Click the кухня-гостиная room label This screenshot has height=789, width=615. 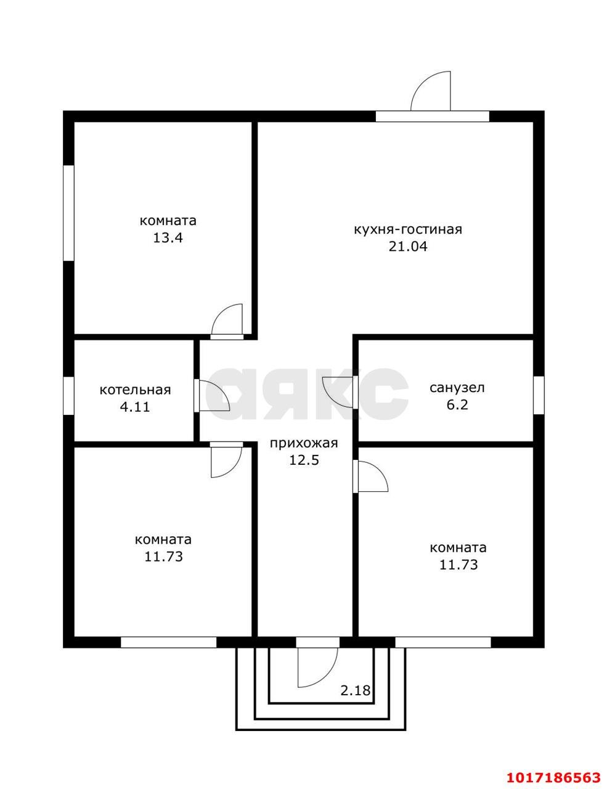click(x=408, y=230)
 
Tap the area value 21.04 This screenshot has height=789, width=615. click(x=408, y=247)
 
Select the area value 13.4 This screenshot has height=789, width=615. click(x=168, y=238)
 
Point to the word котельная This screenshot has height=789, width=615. click(x=135, y=390)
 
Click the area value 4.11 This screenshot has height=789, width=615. click(x=135, y=407)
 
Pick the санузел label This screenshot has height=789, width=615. click(x=457, y=388)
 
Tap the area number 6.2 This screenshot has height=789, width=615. click(x=457, y=404)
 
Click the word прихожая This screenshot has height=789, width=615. click(x=304, y=443)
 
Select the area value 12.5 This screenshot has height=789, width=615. click(x=304, y=460)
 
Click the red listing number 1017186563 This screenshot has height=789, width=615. click(x=553, y=775)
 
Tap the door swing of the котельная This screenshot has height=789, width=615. click(x=220, y=390)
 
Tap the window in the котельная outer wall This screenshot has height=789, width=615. click(x=68, y=395)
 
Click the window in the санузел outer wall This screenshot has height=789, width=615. click(x=539, y=395)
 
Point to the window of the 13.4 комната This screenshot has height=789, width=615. click(x=68, y=213)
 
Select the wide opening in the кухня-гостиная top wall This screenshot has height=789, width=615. click(x=433, y=116)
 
